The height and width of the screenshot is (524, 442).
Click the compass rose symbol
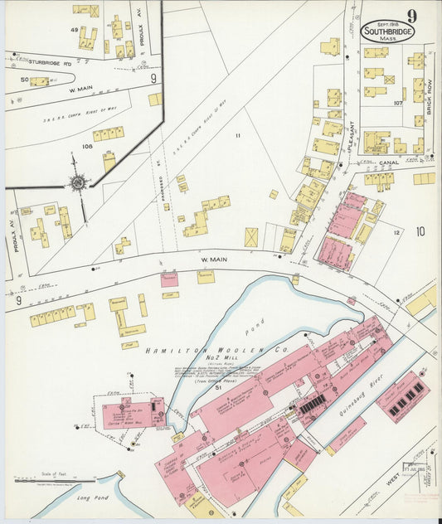pos(77,183)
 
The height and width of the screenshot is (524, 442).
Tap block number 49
pos(74,30)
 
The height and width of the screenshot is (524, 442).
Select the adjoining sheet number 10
pos(420,232)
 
